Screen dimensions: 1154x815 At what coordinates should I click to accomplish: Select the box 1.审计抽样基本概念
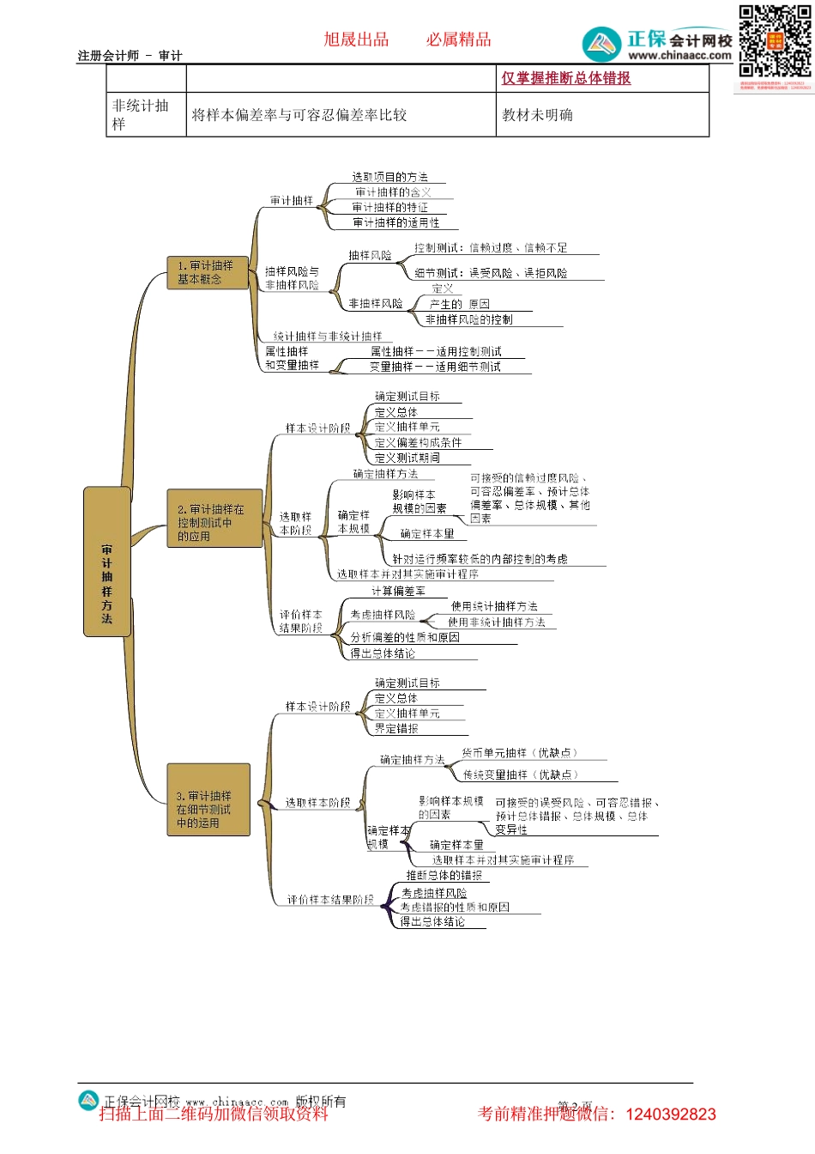(205, 272)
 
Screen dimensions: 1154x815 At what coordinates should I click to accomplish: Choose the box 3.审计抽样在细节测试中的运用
(208, 800)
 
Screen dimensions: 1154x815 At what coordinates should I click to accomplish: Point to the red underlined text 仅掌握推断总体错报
(565, 78)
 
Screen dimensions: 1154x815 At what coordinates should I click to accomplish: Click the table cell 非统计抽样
(142, 114)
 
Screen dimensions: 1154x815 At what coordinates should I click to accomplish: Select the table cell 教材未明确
(537, 115)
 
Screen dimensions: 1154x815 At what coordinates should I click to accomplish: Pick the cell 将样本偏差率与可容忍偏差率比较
(299, 115)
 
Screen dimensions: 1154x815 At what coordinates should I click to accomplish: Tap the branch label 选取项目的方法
(389, 177)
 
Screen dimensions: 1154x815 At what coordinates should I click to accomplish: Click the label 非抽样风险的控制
(469, 319)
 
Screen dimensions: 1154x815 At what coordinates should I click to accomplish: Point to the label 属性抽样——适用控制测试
(436, 351)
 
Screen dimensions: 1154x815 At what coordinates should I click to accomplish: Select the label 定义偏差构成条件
(418, 443)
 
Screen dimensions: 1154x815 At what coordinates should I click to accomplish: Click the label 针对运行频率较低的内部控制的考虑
(480, 559)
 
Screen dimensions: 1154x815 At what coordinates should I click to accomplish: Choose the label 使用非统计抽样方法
(496, 623)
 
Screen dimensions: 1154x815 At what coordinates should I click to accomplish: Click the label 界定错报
(396, 728)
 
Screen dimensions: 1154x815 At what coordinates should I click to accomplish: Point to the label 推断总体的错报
(444, 875)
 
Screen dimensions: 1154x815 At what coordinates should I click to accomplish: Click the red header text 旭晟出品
(356, 39)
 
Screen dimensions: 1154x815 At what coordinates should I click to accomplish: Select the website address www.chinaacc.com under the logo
(679, 56)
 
